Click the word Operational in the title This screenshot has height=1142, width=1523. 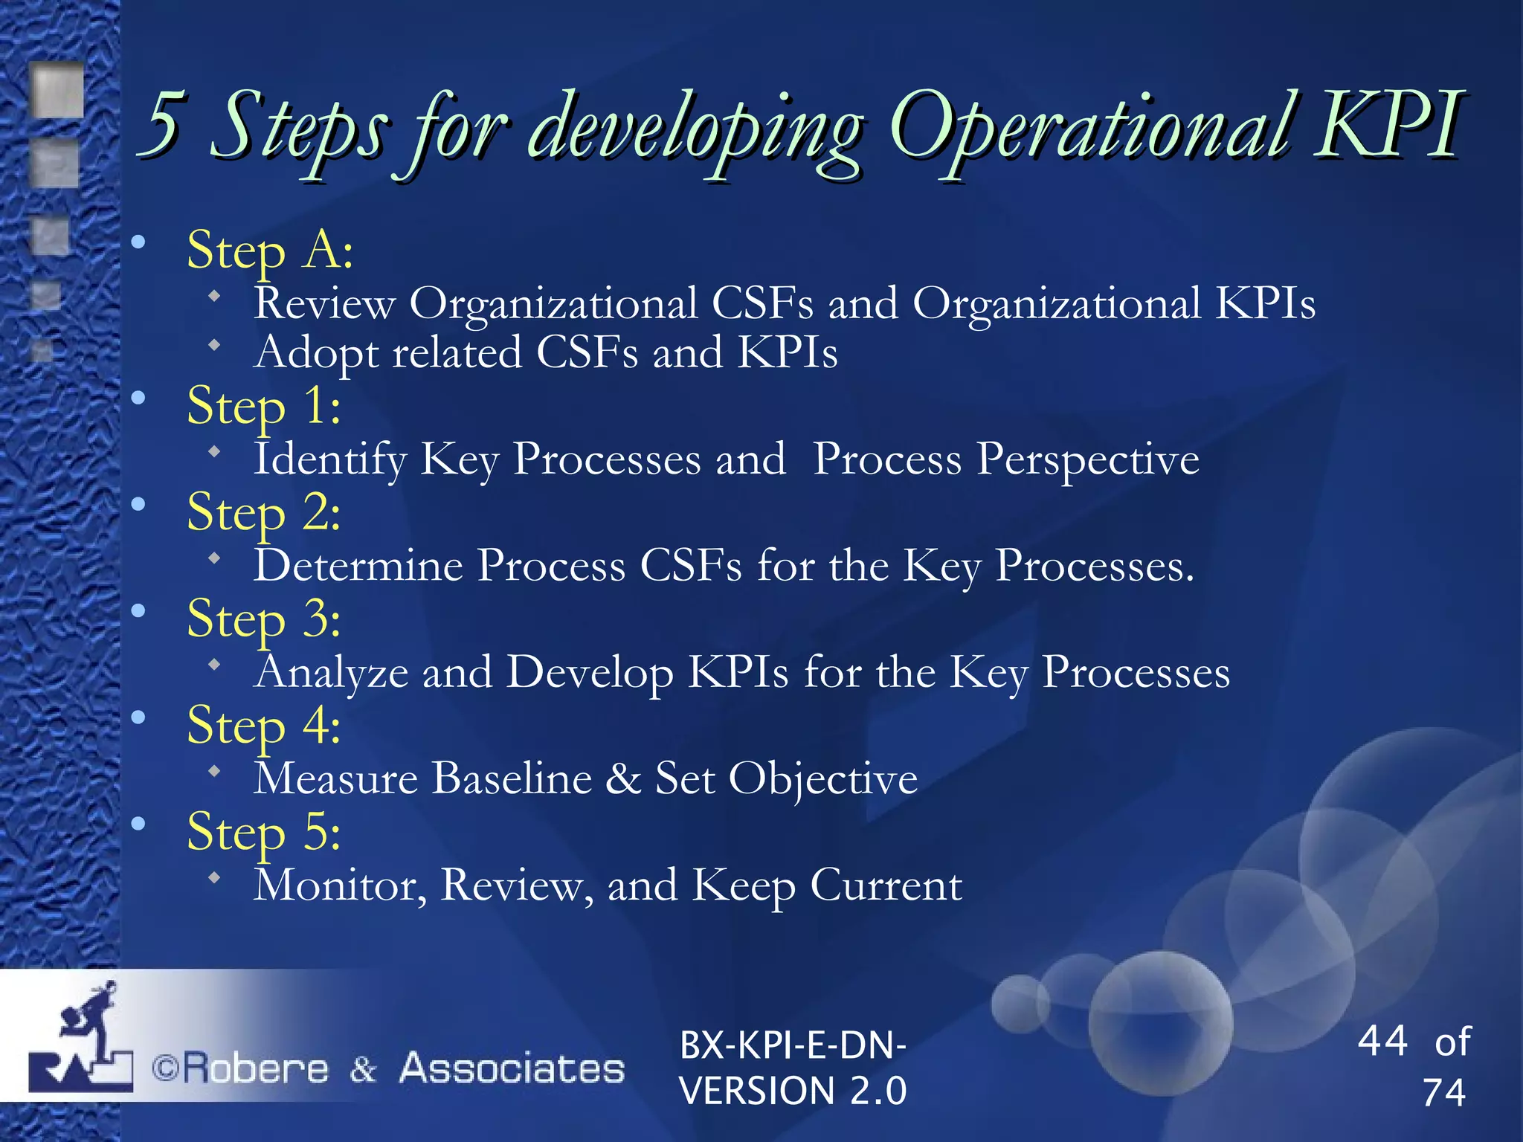[x=1089, y=126]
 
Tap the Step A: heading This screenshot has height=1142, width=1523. [x=269, y=251]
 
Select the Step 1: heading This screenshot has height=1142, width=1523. [x=264, y=407]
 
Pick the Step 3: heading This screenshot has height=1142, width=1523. [x=264, y=619]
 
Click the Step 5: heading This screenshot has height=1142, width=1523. [x=264, y=832]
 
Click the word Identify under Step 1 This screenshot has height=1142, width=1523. [x=330, y=459]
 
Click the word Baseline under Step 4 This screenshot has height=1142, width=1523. [x=512, y=778]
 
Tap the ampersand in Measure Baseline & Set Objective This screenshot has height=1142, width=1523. [x=623, y=778]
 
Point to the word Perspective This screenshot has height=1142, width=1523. [x=1087, y=459]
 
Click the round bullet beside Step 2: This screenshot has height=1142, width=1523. [x=138, y=505]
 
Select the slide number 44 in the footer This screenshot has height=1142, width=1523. [x=1382, y=1041]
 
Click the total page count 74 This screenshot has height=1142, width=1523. [x=1443, y=1093]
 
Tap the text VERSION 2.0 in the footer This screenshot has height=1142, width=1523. [x=793, y=1091]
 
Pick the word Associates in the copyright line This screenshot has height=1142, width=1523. [x=512, y=1069]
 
